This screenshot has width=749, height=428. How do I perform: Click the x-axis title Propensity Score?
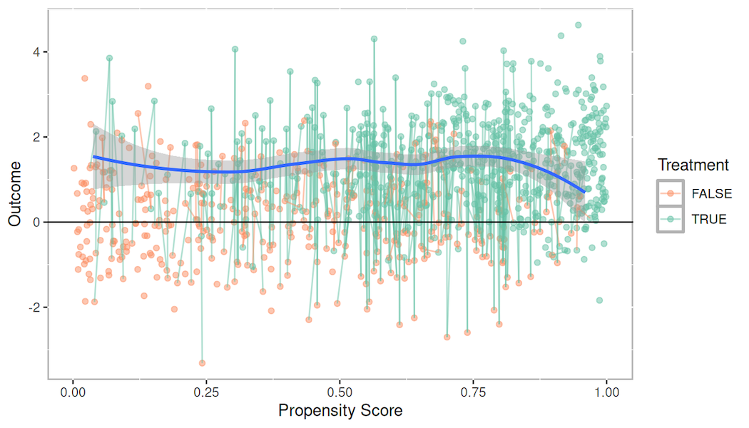click(340, 411)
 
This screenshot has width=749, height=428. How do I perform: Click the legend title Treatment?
click(693, 165)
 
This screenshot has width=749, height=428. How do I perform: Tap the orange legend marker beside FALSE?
click(670, 193)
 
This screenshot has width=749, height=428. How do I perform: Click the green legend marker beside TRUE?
click(670, 220)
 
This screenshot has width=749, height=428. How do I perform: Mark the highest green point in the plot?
click(579, 25)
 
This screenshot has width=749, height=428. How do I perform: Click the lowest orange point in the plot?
click(202, 363)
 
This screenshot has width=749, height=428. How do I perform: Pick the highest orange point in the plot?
click(84, 78)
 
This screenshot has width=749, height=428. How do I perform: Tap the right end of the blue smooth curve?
click(585, 192)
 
